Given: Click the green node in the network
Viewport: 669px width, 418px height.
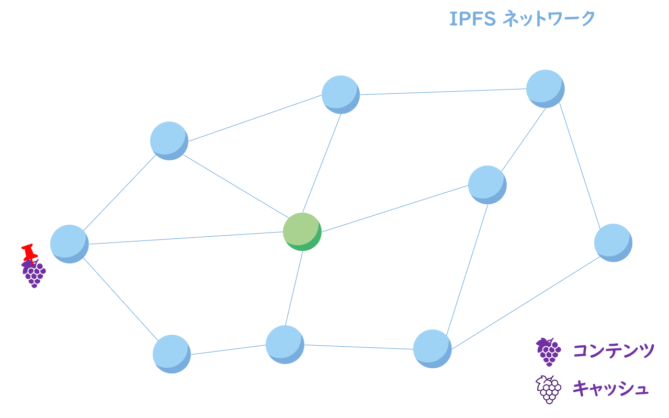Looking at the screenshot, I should pyautogui.click(x=302, y=231).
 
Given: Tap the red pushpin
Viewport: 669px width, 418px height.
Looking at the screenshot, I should pyautogui.click(x=29, y=252).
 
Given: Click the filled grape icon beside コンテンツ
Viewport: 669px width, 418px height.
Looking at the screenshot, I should pyautogui.click(x=548, y=351).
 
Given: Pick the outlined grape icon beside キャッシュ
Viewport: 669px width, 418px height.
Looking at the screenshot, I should pyautogui.click(x=548, y=389).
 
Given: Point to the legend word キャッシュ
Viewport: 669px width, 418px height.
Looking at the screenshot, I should pyautogui.click(x=610, y=389).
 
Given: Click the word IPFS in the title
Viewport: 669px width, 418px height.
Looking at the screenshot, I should pyautogui.click(x=472, y=19).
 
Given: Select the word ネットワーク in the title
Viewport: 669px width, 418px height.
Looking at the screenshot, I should pyautogui.click(x=549, y=19).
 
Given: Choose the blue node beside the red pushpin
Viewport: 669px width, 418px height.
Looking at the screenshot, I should pyautogui.click(x=69, y=244).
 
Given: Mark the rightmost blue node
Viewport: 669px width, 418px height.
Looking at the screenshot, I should pyautogui.click(x=613, y=243).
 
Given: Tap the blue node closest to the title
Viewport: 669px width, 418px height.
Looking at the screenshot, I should pyautogui.click(x=545, y=89).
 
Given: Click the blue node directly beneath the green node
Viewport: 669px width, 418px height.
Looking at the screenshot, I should pyautogui.click(x=285, y=344).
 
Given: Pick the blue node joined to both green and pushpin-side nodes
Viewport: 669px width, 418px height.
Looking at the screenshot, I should pyautogui.click(x=169, y=140).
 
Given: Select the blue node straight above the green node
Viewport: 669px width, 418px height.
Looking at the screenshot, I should pyautogui.click(x=341, y=94).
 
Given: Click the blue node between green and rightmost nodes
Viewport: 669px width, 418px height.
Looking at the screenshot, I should pyautogui.click(x=487, y=184).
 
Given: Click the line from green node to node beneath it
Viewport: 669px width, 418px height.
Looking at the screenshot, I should pyautogui.click(x=293, y=288).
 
